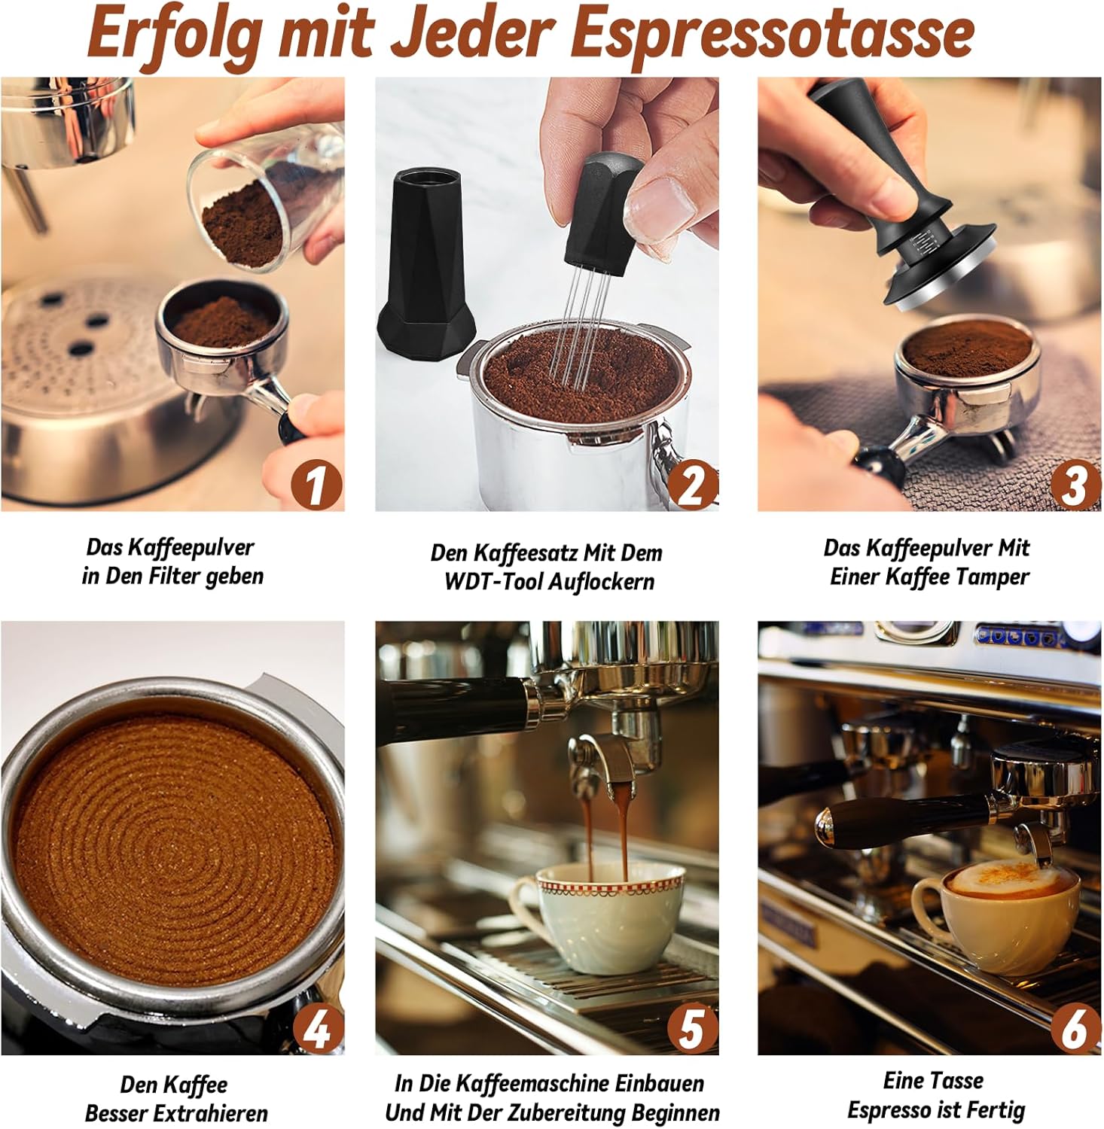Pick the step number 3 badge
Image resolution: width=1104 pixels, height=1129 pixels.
coord(1074,485)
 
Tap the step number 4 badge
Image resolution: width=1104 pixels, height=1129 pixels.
coord(317,1028)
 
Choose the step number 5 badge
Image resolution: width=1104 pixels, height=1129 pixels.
coord(692,1028)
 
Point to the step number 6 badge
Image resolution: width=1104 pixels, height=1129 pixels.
coord(1074,1028)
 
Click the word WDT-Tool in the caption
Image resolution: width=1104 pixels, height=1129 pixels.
coord(497,582)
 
